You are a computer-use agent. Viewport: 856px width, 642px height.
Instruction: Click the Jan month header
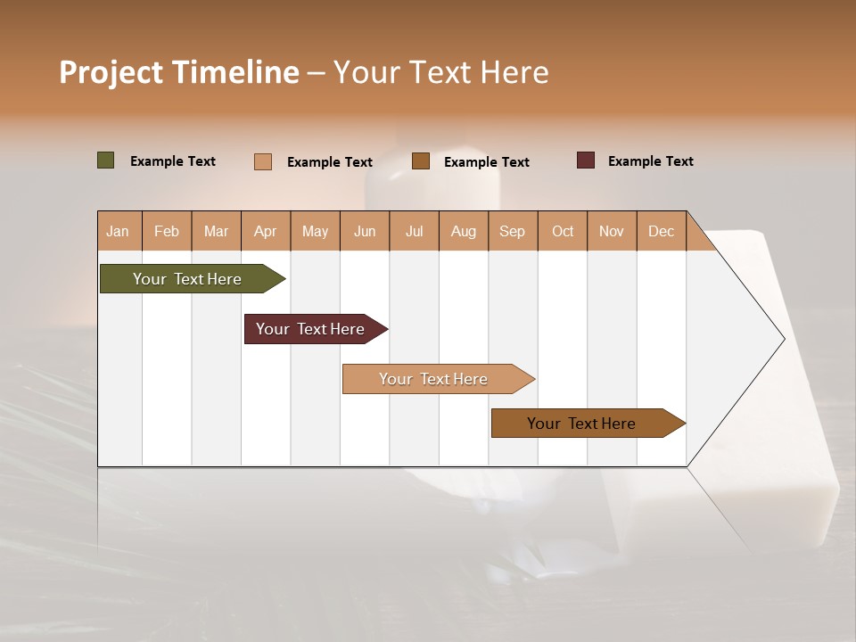pyautogui.click(x=118, y=231)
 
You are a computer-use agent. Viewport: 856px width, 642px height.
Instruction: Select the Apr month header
pyautogui.click(x=266, y=231)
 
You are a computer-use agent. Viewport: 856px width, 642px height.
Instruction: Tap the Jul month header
pyautogui.click(x=414, y=231)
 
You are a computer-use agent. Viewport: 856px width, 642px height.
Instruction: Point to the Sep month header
pyautogui.click(x=512, y=231)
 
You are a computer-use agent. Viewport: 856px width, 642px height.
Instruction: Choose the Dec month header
pyautogui.click(x=661, y=231)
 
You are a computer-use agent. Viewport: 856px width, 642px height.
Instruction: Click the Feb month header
pyautogui.click(x=167, y=231)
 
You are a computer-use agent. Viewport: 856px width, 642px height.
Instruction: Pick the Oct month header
pyautogui.click(x=563, y=231)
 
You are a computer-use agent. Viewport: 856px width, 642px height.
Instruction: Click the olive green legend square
pyautogui.click(x=106, y=160)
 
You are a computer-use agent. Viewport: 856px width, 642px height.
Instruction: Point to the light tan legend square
pyautogui.click(x=263, y=161)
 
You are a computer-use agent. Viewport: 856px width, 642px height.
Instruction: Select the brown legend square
pyautogui.click(x=421, y=160)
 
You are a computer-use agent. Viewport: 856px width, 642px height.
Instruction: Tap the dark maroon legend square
pyautogui.click(x=586, y=160)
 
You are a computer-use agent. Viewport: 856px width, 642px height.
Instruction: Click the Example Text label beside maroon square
pyautogui.click(x=650, y=161)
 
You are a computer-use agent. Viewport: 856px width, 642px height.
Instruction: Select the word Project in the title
pyautogui.click(x=111, y=72)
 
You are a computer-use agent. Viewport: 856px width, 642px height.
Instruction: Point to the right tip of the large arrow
pyautogui.click(x=782, y=339)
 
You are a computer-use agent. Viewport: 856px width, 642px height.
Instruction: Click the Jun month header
pyautogui.click(x=365, y=231)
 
